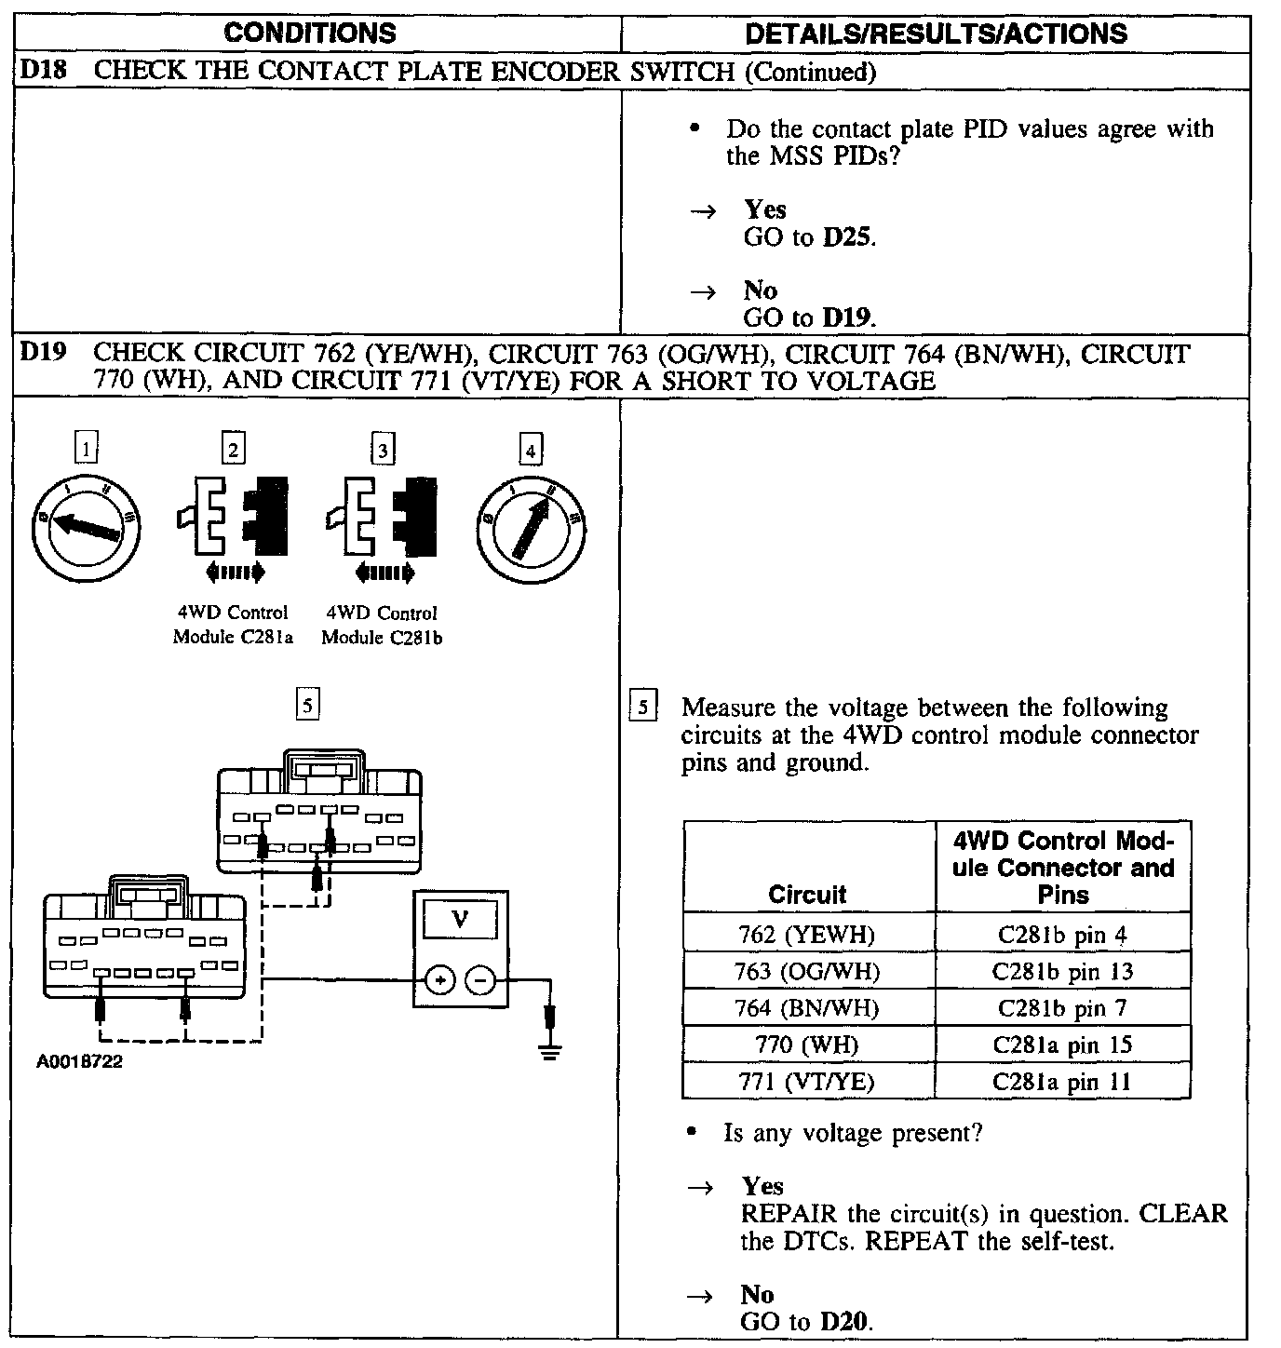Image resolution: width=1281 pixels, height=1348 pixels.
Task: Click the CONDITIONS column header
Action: [x=309, y=34]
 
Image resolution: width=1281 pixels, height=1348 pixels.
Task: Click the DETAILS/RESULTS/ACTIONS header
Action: [x=936, y=34]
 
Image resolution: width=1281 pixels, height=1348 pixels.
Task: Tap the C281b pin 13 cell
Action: [x=1062, y=972]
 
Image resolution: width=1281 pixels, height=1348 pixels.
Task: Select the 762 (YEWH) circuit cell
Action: [x=807, y=935]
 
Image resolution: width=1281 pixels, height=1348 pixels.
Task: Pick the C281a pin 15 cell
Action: [x=1062, y=1045]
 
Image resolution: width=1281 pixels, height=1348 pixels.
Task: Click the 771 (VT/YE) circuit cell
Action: [x=807, y=1082]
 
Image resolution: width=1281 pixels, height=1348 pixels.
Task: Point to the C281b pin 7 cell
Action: [x=1062, y=1008]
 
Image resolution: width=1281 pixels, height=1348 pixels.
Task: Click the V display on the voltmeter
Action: [x=460, y=919]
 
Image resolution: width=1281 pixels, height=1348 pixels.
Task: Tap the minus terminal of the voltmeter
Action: [x=480, y=980]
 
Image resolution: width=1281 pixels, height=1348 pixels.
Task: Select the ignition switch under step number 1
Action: [x=86, y=528]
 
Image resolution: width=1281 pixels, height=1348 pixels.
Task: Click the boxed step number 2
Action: [x=233, y=450]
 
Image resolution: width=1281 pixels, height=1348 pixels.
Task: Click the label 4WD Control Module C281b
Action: [x=382, y=626]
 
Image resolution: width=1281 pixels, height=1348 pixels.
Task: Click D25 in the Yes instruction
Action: [x=848, y=237]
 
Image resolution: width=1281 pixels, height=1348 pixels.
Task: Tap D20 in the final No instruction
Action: [x=845, y=1322]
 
